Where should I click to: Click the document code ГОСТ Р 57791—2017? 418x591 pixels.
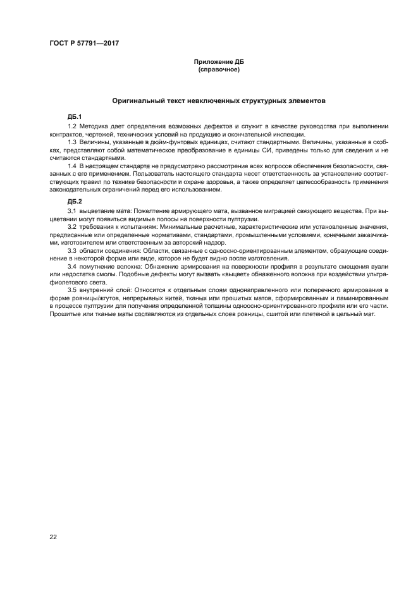[x=84, y=43]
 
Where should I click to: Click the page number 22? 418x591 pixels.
[x=53, y=537]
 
